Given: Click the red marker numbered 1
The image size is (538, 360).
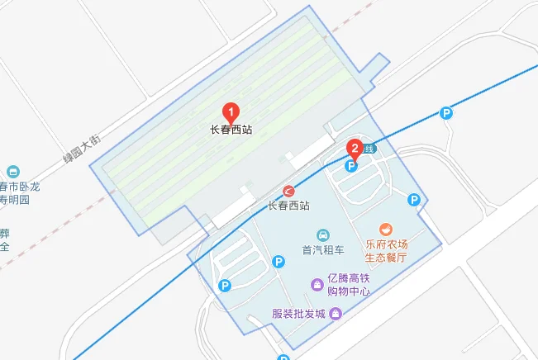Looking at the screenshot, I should (232, 111).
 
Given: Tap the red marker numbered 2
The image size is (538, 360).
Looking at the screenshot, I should (355, 149).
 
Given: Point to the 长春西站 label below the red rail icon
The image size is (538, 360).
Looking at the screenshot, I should (289, 206).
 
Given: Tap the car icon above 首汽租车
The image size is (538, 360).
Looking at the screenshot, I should (322, 234).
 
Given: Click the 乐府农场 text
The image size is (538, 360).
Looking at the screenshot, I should (386, 244).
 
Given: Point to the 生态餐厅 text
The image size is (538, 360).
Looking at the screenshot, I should (386, 258).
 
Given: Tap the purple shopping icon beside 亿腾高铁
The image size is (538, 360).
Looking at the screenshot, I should (317, 285).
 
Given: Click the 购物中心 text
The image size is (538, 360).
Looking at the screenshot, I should (347, 291).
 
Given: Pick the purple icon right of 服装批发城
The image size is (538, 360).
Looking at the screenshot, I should (336, 313).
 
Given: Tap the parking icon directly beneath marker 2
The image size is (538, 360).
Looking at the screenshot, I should (350, 166).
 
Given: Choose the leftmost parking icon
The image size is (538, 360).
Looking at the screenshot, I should (224, 286).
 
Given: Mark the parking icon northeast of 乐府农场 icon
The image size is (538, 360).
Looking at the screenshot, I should (414, 199).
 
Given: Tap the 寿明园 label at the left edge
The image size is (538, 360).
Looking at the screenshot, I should (14, 199).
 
